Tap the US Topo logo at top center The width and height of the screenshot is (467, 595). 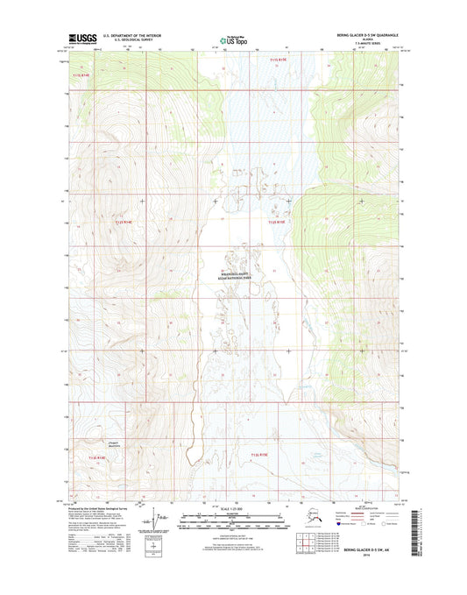(233, 39)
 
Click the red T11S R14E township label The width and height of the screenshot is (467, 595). (81, 76)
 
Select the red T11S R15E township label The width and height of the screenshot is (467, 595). (277, 60)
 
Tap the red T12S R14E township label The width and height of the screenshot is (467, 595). (125, 223)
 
